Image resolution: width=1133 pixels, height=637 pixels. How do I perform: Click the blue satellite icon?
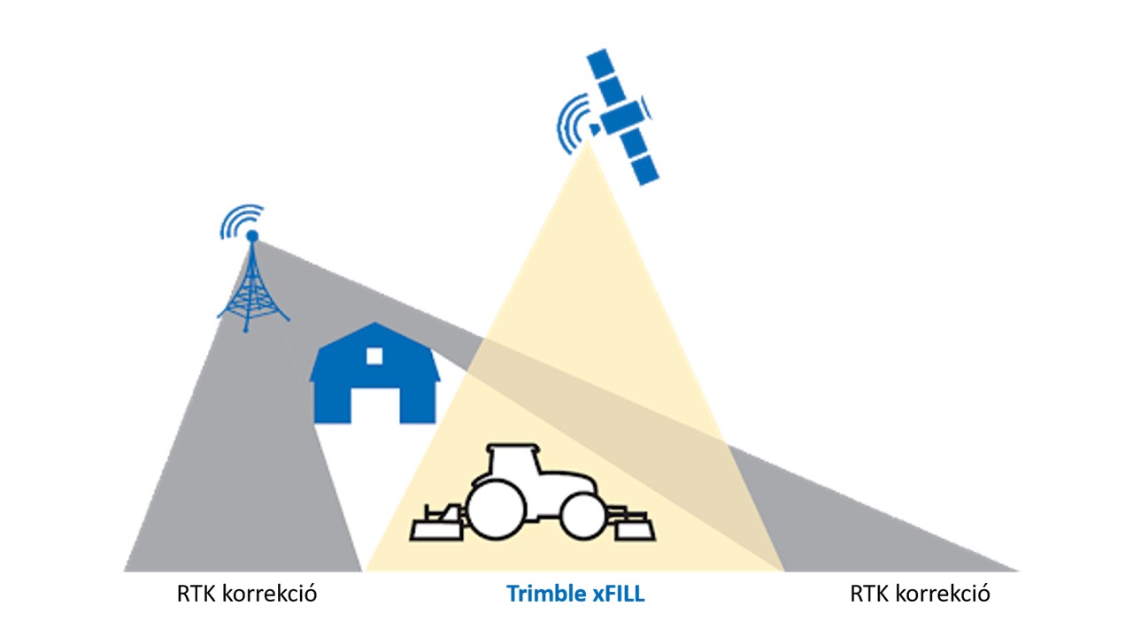click(x=622, y=118)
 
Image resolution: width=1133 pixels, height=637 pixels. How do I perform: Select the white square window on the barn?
click(x=374, y=356)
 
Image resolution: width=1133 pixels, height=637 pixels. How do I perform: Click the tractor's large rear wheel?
click(x=496, y=510)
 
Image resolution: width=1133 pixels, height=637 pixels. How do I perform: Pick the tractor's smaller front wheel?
click(x=583, y=516)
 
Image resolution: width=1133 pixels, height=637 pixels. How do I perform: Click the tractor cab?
click(x=512, y=461)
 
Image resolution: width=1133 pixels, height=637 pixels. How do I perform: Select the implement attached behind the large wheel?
click(x=437, y=523)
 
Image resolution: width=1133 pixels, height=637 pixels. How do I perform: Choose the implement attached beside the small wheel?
click(x=632, y=525)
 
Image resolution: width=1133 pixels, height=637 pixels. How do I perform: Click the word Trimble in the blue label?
click(x=547, y=594)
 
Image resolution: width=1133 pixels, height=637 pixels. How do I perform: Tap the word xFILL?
click(x=619, y=594)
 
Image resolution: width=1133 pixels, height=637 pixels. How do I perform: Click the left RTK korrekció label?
click(x=247, y=594)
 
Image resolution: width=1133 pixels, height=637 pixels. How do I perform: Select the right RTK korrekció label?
click(x=920, y=594)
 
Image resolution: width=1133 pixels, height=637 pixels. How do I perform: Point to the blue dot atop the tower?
click(x=252, y=235)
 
